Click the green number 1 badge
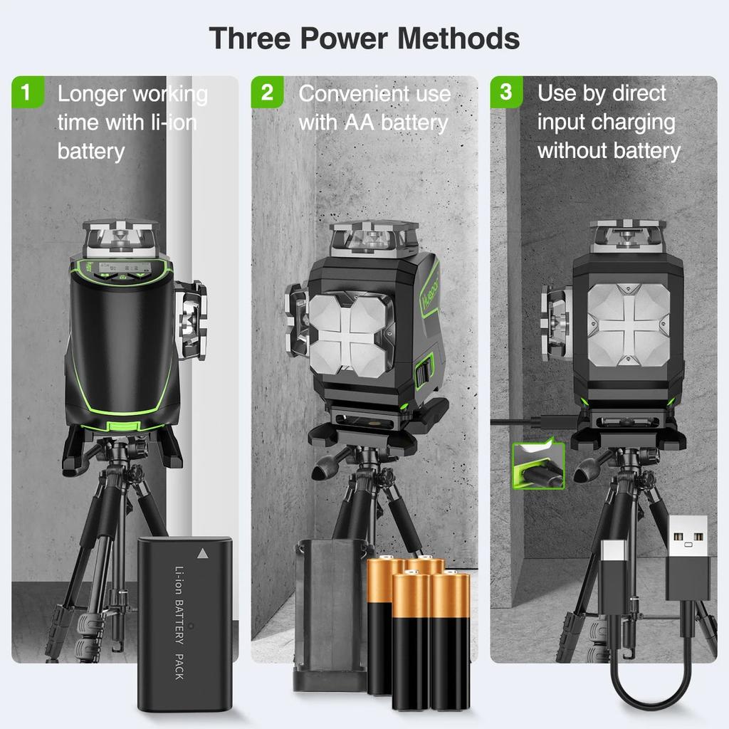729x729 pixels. pos(27,93)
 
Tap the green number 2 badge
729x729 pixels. pos(267,93)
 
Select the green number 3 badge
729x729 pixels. pos(506,93)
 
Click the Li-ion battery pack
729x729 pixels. pos(184,623)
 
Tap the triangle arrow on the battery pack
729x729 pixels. pos(204,552)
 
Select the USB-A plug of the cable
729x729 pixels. pos(688,559)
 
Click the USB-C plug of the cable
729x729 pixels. pos(612,570)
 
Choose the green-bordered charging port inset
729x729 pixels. pos(538,466)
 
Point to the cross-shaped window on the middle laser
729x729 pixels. pos(351,333)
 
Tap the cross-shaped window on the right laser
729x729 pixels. pos(628,325)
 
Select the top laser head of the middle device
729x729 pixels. pos(374,238)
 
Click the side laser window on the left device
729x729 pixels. pos(190,320)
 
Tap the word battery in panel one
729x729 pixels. pos(91,151)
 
